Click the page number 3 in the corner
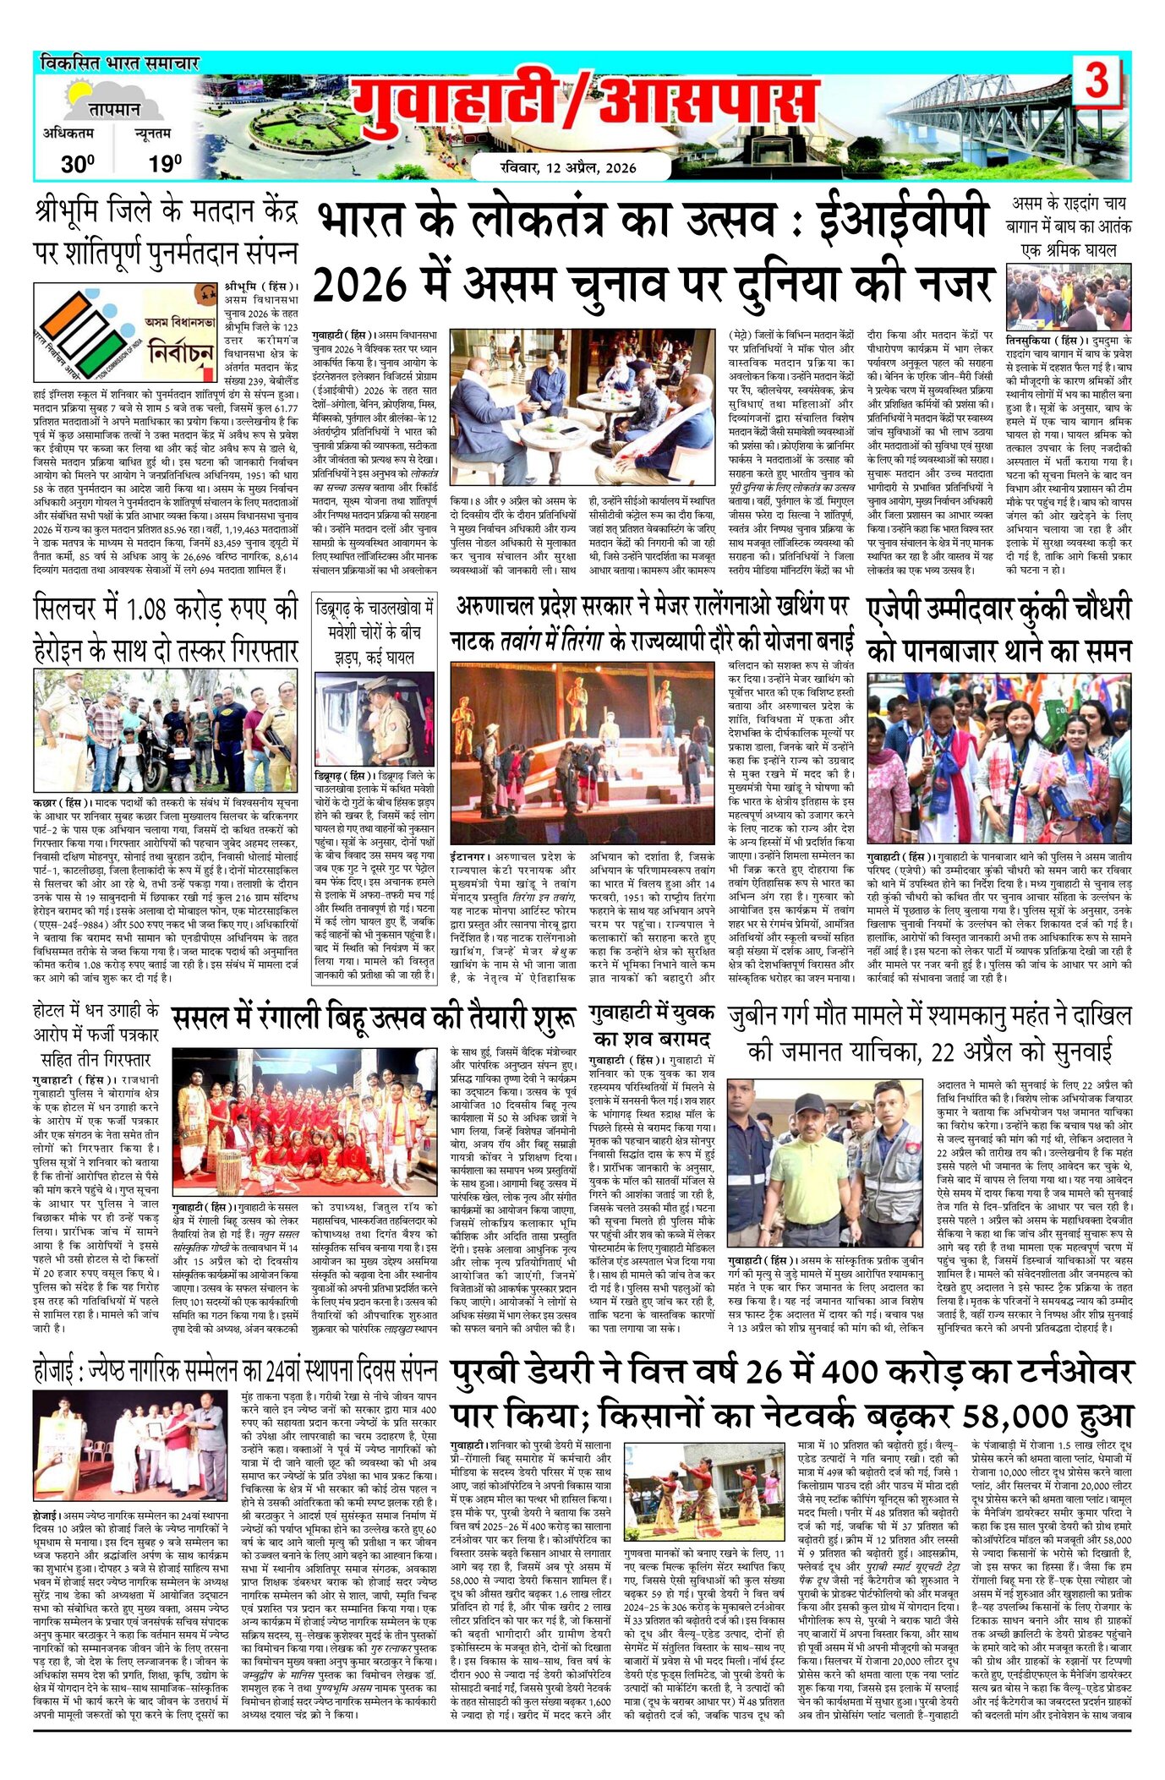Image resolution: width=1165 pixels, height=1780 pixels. (x=1097, y=83)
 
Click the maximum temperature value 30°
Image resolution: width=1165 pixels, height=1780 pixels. (x=77, y=164)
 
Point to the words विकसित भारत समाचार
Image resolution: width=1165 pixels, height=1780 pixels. (x=118, y=64)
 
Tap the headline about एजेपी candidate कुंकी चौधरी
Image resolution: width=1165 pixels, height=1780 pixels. (x=998, y=630)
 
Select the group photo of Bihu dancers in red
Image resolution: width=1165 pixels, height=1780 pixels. (x=305, y=1120)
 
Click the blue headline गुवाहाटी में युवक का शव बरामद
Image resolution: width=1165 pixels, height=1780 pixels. (x=653, y=1024)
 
